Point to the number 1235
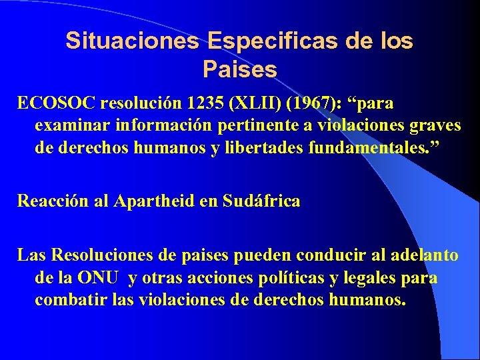tap(202, 104)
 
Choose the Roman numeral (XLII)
tap(251, 104)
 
